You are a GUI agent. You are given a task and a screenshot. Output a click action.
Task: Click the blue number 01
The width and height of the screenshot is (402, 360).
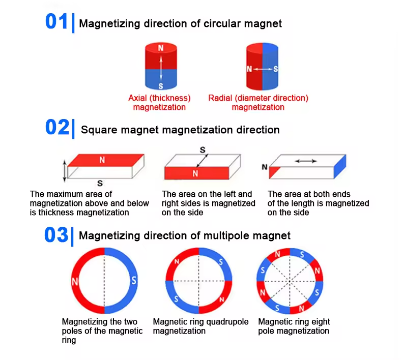(56, 22)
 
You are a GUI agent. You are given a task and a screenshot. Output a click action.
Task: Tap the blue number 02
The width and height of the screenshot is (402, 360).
(56, 128)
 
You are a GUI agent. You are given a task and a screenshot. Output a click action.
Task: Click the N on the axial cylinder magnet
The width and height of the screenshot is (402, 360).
(161, 48)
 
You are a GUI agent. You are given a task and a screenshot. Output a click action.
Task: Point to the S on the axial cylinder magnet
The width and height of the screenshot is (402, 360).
(161, 85)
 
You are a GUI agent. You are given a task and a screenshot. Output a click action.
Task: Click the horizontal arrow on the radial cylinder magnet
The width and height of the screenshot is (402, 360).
(263, 69)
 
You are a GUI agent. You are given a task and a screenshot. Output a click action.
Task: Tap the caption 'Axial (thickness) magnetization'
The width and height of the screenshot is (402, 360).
(159, 102)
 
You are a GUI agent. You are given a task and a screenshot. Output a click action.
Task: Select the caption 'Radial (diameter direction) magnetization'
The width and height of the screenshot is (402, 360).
(258, 102)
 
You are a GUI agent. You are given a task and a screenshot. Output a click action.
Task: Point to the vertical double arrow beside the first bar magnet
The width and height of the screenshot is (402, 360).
(64, 171)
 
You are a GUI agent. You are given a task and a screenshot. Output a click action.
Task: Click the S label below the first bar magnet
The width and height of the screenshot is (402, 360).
(100, 183)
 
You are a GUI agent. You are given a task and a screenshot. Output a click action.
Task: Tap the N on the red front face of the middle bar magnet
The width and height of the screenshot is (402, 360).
(195, 173)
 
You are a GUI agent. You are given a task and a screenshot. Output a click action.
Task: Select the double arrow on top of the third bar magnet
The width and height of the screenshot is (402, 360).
(306, 161)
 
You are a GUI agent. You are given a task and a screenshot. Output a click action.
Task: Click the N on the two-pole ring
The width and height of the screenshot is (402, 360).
(75, 281)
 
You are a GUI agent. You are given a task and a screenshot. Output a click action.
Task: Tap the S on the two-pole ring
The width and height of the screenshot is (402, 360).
(134, 279)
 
